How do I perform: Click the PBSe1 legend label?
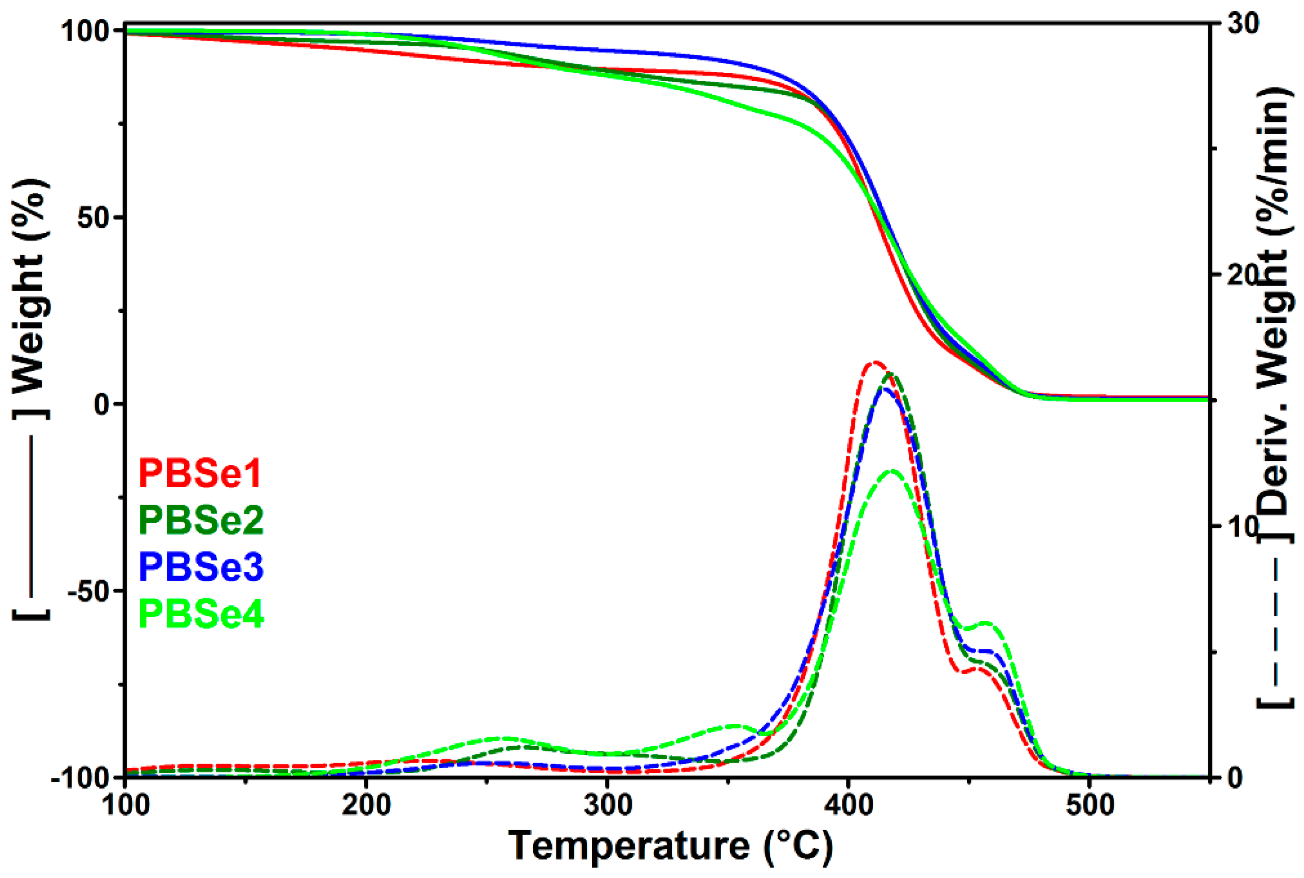(200, 473)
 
